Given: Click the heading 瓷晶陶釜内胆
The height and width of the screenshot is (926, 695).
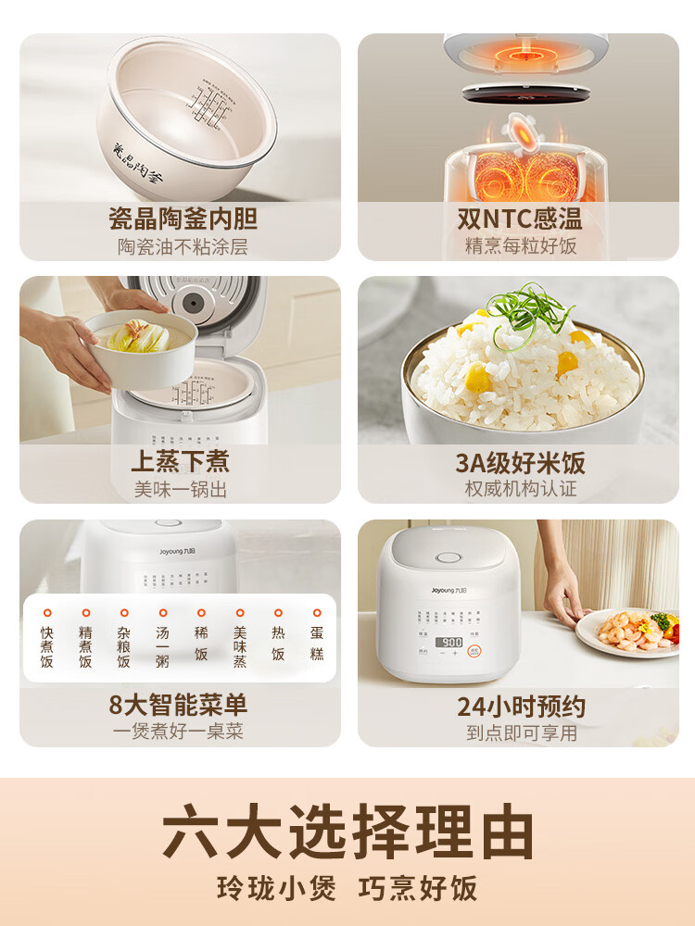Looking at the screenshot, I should tap(183, 219).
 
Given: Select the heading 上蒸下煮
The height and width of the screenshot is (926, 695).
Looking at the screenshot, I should tap(180, 461).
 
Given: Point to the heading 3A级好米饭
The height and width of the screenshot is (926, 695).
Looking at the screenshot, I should tap(520, 461).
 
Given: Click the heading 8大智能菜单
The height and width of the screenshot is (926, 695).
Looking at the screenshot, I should tap(179, 705).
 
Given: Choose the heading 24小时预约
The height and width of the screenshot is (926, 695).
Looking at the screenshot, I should tap(520, 706).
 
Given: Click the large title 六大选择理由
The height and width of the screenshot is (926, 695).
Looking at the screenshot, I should tap(347, 831).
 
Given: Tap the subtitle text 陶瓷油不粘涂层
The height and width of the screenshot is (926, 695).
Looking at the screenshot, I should tap(183, 247).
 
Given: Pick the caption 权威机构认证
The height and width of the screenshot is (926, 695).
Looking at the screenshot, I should tap(520, 488).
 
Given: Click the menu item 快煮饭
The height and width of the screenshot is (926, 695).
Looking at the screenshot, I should tap(46, 641).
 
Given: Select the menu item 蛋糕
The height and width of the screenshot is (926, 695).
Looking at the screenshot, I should tap(316, 641).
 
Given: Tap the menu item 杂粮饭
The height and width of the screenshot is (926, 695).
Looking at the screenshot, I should tap(123, 641).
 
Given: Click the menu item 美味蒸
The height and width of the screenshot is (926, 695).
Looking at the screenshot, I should tap(239, 641).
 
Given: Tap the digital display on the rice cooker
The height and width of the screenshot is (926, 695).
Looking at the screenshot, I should tap(450, 642).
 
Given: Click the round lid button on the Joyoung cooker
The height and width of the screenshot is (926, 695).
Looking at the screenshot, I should tap(449, 557).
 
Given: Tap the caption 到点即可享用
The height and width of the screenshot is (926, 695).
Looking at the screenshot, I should tap(520, 732).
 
